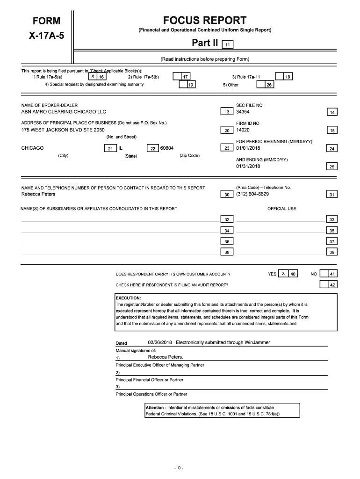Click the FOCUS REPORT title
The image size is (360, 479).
click(x=204, y=21)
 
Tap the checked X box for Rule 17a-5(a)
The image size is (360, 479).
click(x=93, y=76)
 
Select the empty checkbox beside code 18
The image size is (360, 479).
click(x=279, y=76)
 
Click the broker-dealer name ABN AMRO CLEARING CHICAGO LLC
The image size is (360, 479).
click(x=64, y=112)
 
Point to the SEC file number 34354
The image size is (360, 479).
click(x=243, y=112)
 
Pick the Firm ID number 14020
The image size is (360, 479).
click(x=243, y=130)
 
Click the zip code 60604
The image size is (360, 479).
click(x=167, y=148)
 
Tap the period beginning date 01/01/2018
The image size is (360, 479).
click(x=248, y=148)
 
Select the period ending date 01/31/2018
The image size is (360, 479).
click(x=248, y=166)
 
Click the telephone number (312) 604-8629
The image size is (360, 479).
click(x=252, y=194)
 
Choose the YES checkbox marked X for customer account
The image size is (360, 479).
click(x=283, y=274)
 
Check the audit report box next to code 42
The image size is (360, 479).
click(x=324, y=284)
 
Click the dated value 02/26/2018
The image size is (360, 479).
click(x=160, y=342)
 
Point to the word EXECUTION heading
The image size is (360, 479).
click(x=128, y=298)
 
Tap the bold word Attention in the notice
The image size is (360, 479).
click(x=155, y=408)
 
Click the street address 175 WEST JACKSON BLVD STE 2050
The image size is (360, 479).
click(x=63, y=130)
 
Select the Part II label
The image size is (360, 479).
click(x=205, y=44)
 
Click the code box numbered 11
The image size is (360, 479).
click(x=227, y=45)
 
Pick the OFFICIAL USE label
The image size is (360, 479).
click(x=281, y=209)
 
